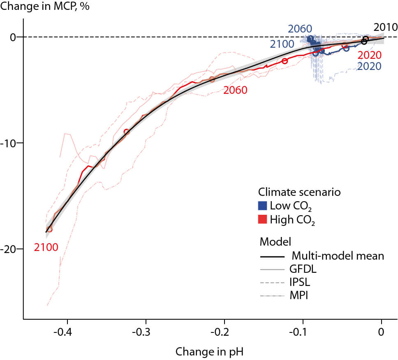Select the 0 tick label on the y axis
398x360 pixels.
[x=13, y=37]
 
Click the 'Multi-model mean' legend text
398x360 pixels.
[x=338, y=256]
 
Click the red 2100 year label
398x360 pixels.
[x=46, y=247]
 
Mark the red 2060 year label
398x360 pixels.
[x=235, y=90]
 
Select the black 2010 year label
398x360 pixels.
[x=385, y=28]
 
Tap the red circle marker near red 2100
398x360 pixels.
[x=50, y=229]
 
